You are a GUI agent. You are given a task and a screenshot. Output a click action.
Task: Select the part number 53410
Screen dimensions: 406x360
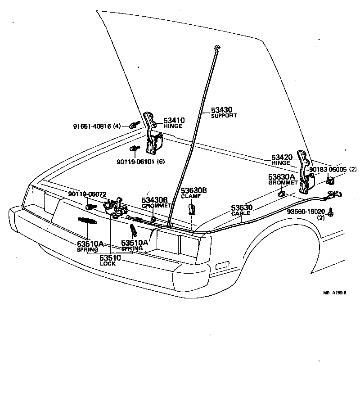[x=174, y=120]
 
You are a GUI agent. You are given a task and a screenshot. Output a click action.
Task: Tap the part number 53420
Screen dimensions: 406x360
[x=282, y=157]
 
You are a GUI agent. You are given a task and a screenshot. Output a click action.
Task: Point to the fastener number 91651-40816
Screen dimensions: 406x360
[x=92, y=126]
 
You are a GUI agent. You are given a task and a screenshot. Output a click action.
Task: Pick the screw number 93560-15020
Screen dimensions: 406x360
[x=305, y=211]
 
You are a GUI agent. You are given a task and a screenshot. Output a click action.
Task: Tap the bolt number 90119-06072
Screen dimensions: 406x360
[x=87, y=194]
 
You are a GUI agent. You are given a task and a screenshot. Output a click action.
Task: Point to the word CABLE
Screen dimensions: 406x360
[x=241, y=213]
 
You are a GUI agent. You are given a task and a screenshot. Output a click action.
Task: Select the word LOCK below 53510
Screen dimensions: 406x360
[x=108, y=264]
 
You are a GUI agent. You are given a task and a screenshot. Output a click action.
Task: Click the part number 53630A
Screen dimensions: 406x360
[x=281, y=177]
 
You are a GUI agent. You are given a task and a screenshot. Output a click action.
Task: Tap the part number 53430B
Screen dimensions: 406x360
[x=155, y=200]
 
